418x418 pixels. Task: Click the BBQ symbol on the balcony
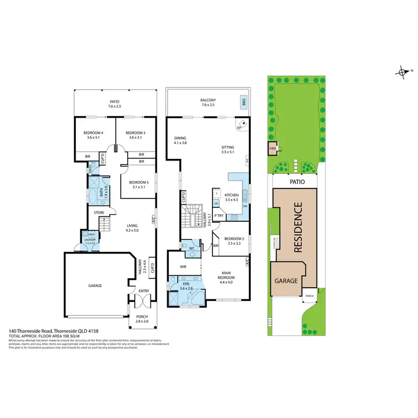pos(244,103)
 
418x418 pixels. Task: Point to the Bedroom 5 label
pos(138,182)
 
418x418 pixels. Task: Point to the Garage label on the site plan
pos(286,281)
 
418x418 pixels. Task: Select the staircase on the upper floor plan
pos(196,216)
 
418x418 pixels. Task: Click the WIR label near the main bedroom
pos(183,267)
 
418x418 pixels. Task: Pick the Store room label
pos(99,212)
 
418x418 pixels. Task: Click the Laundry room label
pos(89,240)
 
